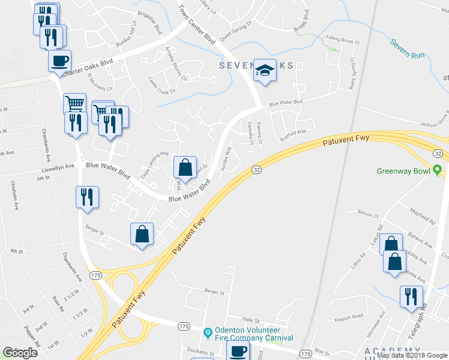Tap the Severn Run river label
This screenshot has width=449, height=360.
click(x=408, y=49)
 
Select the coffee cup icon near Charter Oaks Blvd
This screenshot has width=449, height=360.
click(x=59, y=61)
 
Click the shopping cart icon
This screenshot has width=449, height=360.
click(x=74, y=103)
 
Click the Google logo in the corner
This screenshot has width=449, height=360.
click(x=20, y=353)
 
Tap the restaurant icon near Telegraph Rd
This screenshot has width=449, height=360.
click(x=412, y=297)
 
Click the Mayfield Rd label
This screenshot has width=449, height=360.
click(x=421, y=215)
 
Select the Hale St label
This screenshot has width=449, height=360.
click(x=249, y=321)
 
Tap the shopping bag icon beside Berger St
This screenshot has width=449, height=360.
click(x=142, y=235)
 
